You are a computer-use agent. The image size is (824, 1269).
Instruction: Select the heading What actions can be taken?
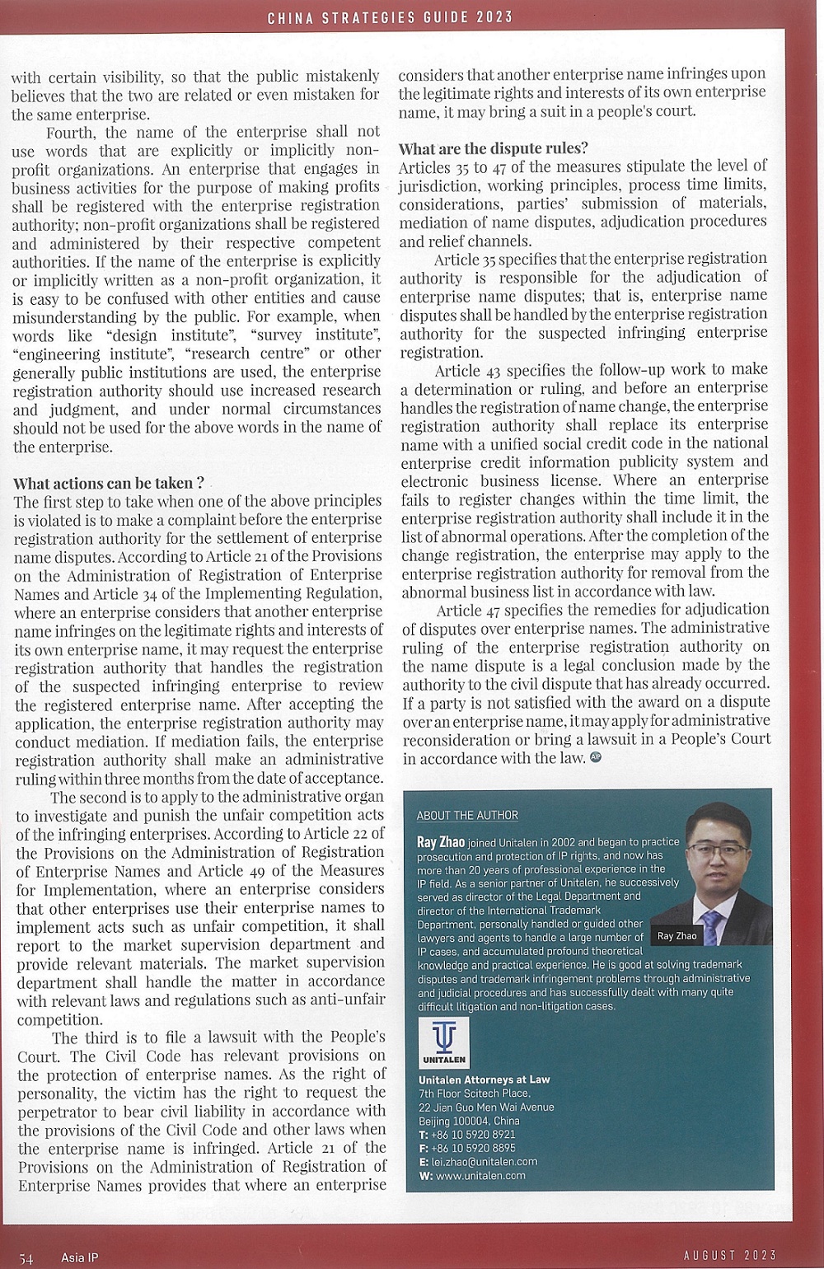[108, 483]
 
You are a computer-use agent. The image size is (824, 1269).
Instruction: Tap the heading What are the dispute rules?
[493, 148]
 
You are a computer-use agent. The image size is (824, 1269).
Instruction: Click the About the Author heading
[467, 815]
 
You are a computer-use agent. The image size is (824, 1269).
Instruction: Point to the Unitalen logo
[444, 1042]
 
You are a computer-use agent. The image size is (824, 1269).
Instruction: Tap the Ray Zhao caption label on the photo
[677, 935]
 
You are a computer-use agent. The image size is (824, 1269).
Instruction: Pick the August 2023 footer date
[730, 1255]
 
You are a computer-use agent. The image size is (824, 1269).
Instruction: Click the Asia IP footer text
[79, 1257]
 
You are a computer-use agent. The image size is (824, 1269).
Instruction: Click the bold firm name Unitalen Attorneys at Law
[484, 1079]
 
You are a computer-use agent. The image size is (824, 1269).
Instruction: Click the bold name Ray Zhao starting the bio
[441, 842]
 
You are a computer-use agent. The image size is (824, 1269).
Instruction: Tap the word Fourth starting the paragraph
[70, 132]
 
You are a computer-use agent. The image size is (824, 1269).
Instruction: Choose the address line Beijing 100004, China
[469, 1120]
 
